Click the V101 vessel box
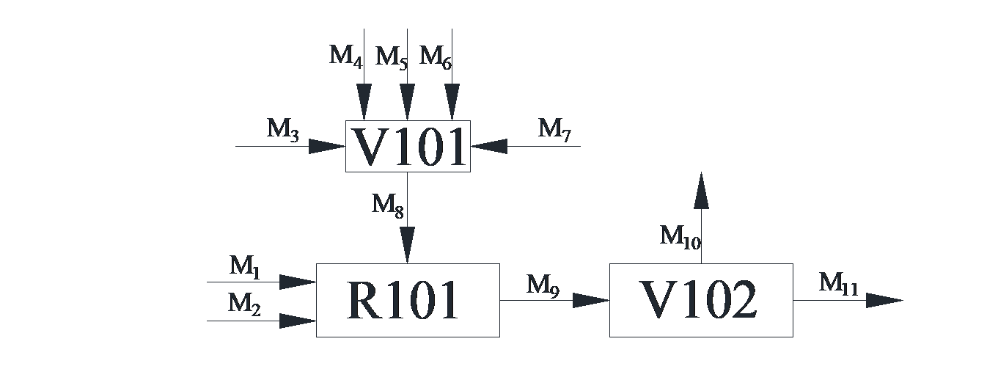point(408,147)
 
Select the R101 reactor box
point(408,300)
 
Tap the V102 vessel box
point(701,300)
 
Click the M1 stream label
point(246,267)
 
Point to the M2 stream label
point(245,303)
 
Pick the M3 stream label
point(283,130)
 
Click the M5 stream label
point(392,57)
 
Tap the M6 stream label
point(436,56)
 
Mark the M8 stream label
point(388,205)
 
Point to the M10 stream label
point(680,237)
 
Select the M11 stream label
point(838,283)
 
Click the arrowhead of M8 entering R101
point(408,245)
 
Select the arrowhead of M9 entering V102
point(591,300)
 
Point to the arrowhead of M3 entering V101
point(327,147)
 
